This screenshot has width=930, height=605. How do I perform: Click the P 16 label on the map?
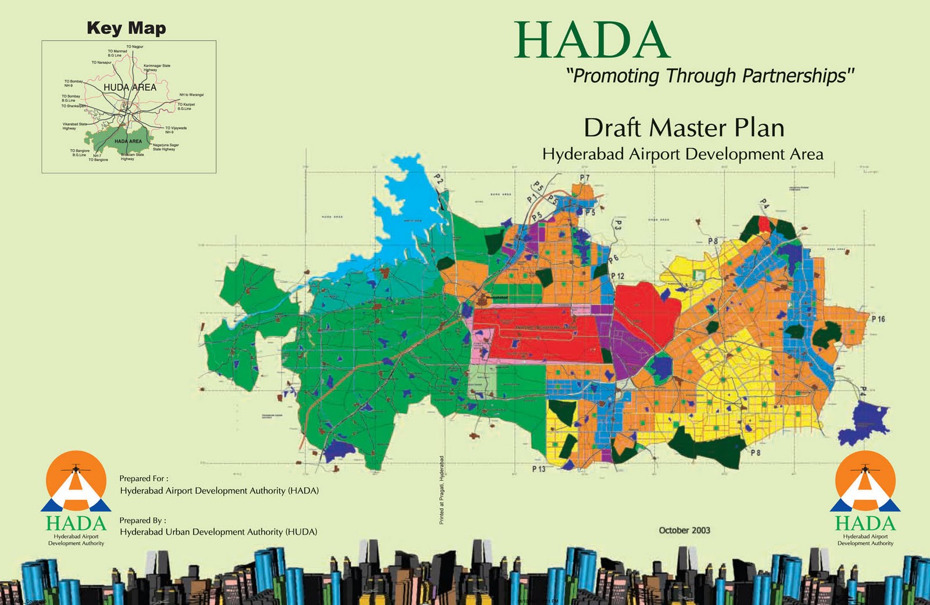click(x=878, y=319)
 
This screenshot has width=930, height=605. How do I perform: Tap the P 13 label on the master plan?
click(x=539, y=468)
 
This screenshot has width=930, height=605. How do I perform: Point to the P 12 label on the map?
click(x=617, y=276)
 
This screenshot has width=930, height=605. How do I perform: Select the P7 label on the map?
click(x=584, y=178)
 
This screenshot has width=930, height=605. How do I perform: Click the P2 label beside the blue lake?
click(x=439, y=181)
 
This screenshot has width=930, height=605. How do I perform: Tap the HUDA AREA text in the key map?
click(x=130, y=87)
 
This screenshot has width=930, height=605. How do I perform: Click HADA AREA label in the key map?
click(x=128, y=141)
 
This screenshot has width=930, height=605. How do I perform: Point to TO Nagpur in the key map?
click(x=135, y=46)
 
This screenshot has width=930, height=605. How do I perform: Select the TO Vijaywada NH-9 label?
click(x=176, y=130)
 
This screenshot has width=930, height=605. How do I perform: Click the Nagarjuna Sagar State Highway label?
click(x=166, y=147)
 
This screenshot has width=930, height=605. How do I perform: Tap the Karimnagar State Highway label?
click(x=157, y=67)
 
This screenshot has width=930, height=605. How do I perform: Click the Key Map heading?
click(x=126, y=28)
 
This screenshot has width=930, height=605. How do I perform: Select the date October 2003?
click(x=684, y=530)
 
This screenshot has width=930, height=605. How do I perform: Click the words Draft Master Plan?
click(x=684, y=128)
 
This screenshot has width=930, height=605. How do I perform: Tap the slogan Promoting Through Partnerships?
click(x=710, y=76)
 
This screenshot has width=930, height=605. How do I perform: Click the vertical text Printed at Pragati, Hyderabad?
click(x=442, y=490)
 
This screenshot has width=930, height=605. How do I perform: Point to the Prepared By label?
click(x=142, y=520)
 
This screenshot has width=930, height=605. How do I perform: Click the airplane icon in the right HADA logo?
click(x=865, y=468)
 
